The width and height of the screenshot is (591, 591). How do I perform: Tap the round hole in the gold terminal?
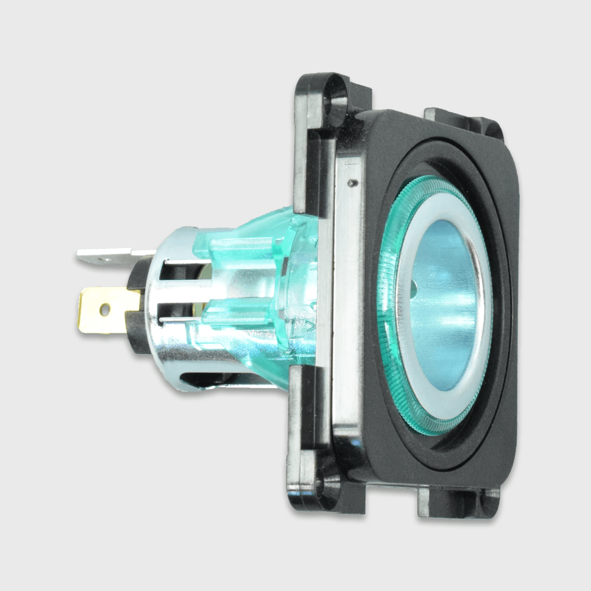tap(103, 309)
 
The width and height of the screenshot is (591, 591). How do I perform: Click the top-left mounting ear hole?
tap(335, 91)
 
